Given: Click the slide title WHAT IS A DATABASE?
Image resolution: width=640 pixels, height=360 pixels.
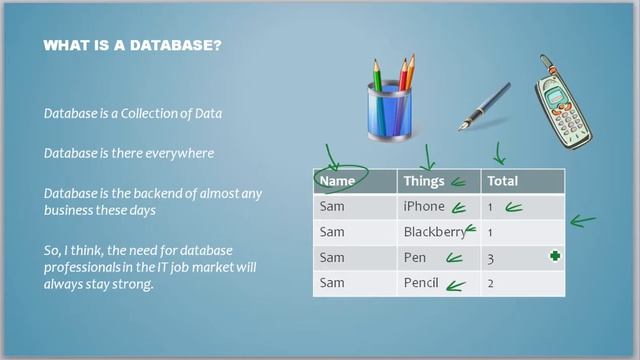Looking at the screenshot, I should (x=132, y=46).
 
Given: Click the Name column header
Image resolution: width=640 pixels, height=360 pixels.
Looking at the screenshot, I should (x=338, y=182).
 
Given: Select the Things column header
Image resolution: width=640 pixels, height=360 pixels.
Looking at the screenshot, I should (x=424, y=182).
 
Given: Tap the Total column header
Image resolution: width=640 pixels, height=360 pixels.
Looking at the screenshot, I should (x=503, y=182).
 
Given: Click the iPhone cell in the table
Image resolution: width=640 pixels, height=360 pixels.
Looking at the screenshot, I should (x=423, y=207).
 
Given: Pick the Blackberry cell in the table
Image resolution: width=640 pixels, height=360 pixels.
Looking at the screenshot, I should (x=434, y=232).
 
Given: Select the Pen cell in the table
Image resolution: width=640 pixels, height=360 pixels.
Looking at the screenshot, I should (x=414, y=258).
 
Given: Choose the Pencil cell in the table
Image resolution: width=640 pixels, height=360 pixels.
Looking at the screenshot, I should (x=421, y=283).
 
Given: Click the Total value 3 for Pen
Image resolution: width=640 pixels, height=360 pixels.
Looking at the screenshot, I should (x=491, y=258).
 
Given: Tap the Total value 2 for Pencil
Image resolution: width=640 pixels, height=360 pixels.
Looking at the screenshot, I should (x=491, y=283).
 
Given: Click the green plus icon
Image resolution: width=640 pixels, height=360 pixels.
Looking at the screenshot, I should (x=555, y=257).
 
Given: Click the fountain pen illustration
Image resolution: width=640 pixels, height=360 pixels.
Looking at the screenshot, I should (x=485, y=107).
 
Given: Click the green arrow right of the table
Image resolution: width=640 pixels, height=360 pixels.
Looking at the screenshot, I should (x=582, y=219).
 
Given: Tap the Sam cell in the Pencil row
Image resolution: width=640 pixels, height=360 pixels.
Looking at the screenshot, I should (x=332, y=283).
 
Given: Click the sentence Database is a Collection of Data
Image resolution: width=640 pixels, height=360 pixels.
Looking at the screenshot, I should (x=132, y=114).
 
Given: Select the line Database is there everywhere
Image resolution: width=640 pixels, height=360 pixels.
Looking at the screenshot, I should (x=128, y=154).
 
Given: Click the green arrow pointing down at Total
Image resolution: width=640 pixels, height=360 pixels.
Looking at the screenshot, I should (x=500, y=153).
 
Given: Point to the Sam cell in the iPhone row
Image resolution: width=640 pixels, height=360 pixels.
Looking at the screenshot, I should (x=332, y=207).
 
